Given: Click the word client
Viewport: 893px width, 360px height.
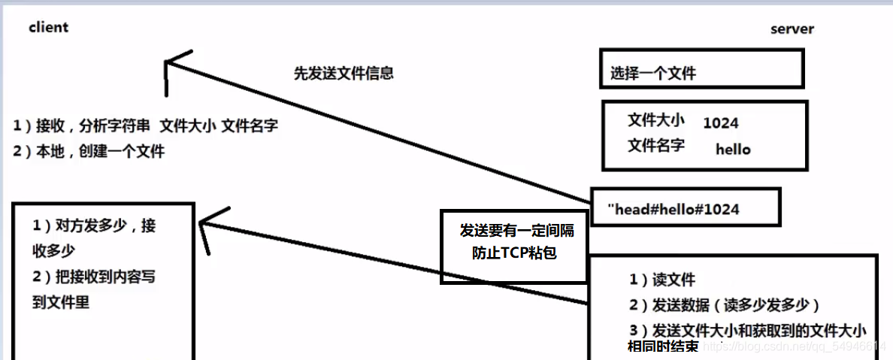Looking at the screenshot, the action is pyautogui.click(x=49, y=27).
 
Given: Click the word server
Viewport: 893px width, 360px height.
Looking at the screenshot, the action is pyautogui.click(x=792, y=29).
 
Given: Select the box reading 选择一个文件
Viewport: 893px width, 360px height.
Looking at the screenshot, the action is pyautogui.click(x=701, y=70).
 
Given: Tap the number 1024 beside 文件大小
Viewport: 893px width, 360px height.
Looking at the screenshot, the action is pyautogui.click(x=720, y=123).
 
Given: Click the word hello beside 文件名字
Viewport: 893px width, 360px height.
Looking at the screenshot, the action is pyautogui.click(x=733, y=149).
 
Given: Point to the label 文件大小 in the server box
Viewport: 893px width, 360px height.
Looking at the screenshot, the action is pyautogui.click(x=655, y=120).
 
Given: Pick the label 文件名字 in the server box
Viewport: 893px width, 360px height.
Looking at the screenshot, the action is pyautogui.click(x=655, y=145).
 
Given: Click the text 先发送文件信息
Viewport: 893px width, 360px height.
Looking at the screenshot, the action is pyautogui.click(x=344, y=74).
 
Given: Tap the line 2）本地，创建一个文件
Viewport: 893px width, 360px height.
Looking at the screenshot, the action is pyautogui.click(x=88, y=151).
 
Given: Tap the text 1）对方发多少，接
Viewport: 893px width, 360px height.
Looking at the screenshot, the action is pyautogui.click(x=94, y=225).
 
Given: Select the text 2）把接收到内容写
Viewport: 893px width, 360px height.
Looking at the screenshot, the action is pyautogui.click(x=94, y=277).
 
